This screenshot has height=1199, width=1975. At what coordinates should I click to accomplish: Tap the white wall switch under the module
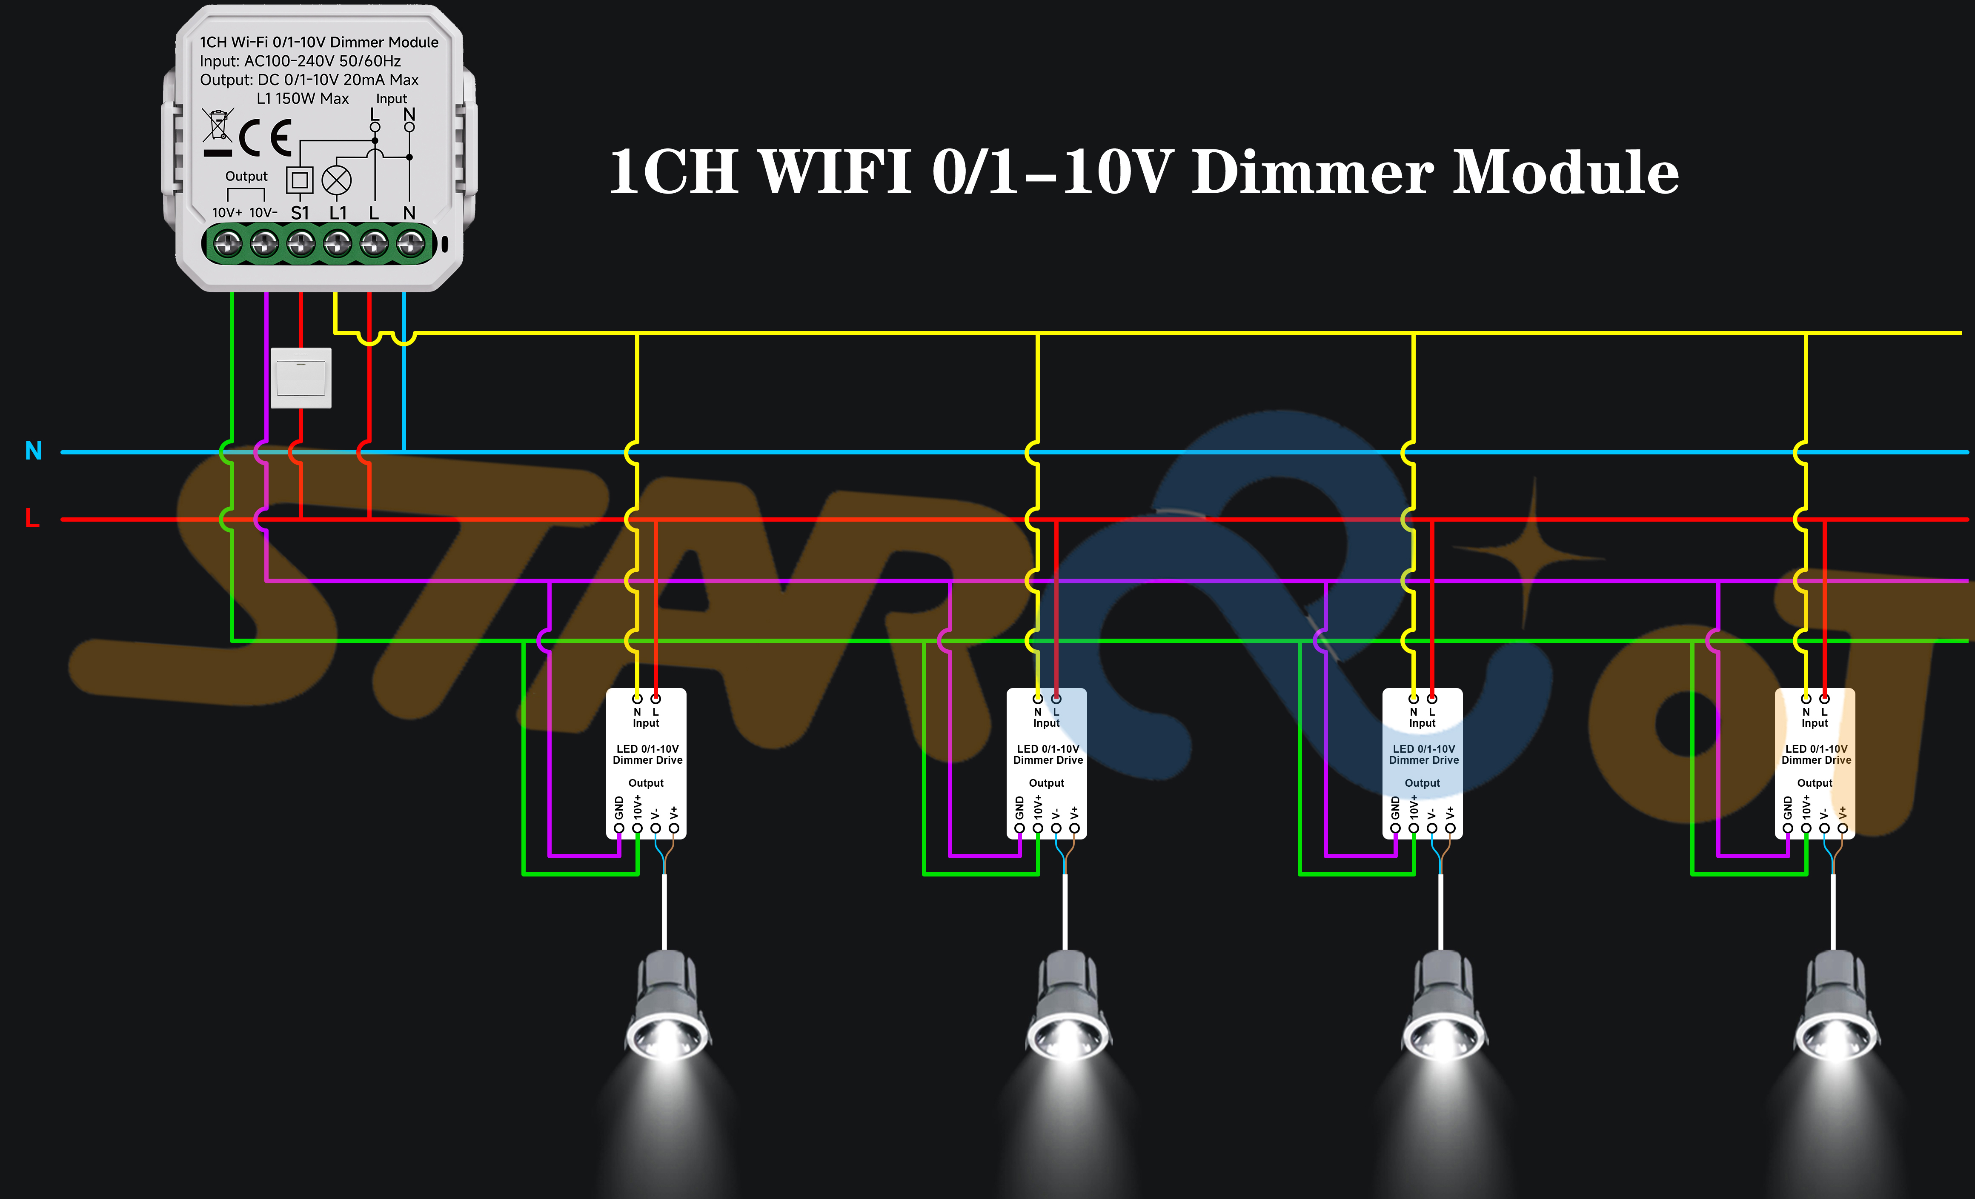tap(301, 377)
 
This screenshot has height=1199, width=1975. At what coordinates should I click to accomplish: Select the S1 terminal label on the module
tap(300, 212)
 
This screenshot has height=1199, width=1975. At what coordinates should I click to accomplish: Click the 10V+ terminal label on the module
tap(227, 212)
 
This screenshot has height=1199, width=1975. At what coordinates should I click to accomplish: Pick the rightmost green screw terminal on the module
tap(411, 243)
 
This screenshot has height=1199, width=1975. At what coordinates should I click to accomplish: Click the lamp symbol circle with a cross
tap(337, 180)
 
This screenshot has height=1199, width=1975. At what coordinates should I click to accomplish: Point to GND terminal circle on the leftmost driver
tap(619, 828)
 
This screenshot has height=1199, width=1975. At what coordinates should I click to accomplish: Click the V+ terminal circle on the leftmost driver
tap(674, 828)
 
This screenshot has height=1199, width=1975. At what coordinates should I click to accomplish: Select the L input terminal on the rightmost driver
tap(1824, 698)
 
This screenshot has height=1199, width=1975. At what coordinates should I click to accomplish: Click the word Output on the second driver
tap(1046, 783)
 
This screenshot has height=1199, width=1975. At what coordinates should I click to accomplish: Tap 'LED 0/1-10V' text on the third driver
tap(1423, 748)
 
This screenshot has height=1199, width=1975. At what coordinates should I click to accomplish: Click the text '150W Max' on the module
tap(312, 99)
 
